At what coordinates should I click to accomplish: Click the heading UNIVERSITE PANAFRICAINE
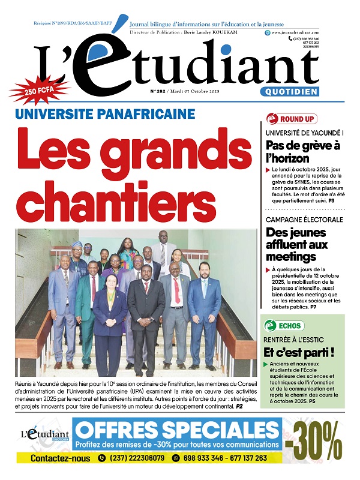click(x=122, y=114)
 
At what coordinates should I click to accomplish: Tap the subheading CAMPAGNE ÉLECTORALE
click(x=304, y=220)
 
